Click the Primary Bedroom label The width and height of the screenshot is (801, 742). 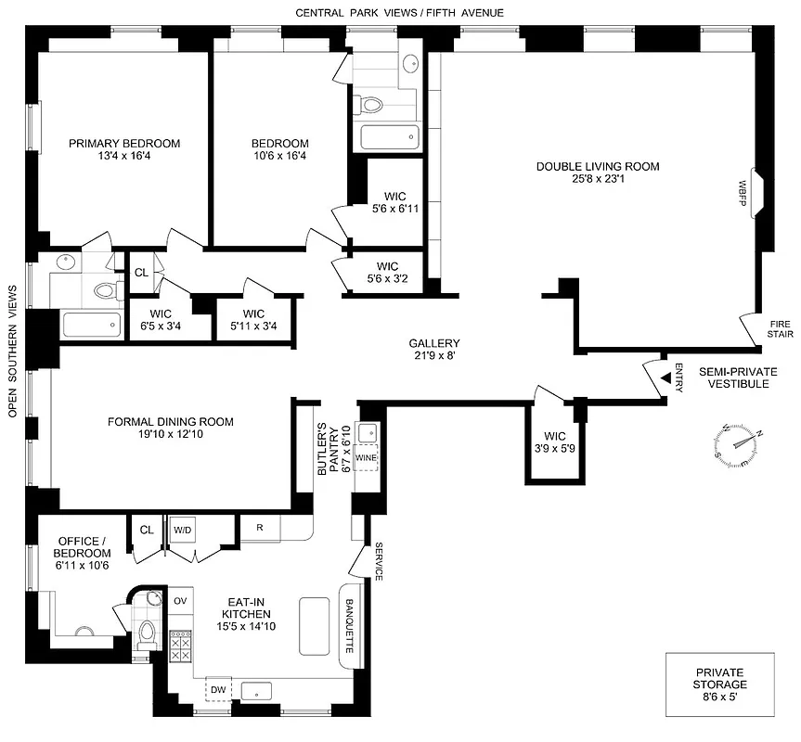(x=123, y=144)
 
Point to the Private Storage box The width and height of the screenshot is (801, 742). (x=719, y=684)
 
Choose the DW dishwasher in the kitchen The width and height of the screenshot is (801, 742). (x=219, y=690)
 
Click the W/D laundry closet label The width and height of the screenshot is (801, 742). (x=181, y=530)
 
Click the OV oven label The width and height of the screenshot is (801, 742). (x=181, y=601)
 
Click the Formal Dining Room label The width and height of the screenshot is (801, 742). (x=171, y=422)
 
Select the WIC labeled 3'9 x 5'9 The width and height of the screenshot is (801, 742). (x=550, y=441)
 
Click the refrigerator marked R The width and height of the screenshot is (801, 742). (x=261, y=529)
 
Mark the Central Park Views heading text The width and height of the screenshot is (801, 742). (x=399, y=12)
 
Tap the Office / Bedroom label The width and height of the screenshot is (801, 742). (x=84, y=546)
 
